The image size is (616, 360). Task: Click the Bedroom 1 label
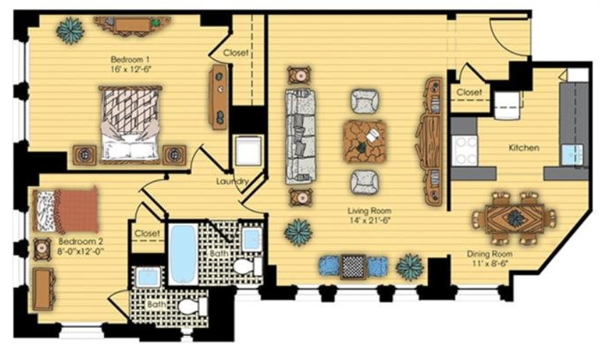(x=130, y=60)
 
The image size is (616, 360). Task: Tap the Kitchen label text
(x=524, y=148)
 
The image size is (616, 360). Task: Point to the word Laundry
(x=232, y=181)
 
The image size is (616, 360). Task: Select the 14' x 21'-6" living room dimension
(x=369, y=220)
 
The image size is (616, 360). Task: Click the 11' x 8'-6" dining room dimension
(x=489, y=263)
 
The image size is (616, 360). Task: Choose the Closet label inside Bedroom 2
(x=148, y=233)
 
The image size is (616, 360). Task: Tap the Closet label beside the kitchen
(x=469, y=93)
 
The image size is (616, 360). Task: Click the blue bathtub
(x=184, y=254)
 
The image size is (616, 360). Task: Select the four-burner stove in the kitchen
(x=464, y=150)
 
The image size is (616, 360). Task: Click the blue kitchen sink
(x=572, y=155)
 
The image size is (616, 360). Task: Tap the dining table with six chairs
(x=514, y=217)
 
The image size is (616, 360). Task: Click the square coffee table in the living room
(x=364, y=141)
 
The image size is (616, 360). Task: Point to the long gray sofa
(x=301, y=136)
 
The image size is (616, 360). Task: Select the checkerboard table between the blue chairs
(x=353, y=267)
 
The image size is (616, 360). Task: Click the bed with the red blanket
(x=65, y=210)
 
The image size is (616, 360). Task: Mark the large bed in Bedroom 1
(x=130, y=124)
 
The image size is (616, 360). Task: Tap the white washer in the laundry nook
(x=248, y=150)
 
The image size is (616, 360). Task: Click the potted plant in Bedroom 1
(x=71, y=30)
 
